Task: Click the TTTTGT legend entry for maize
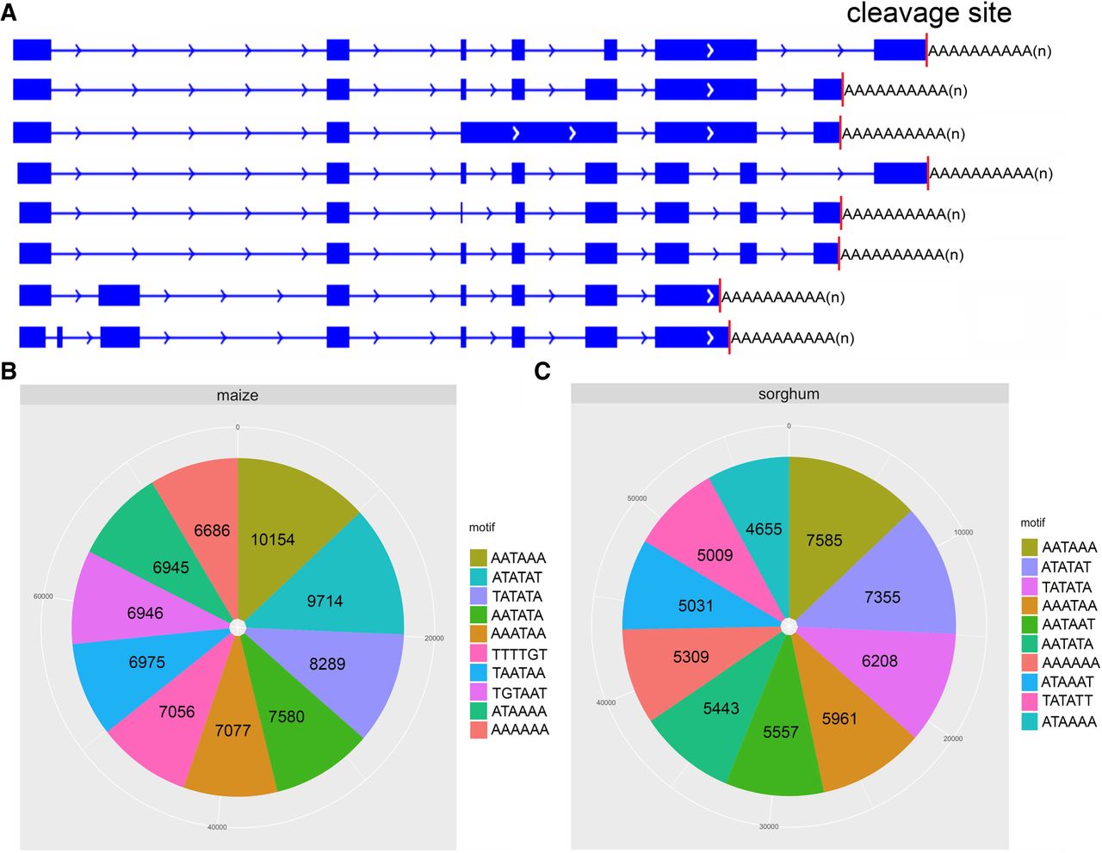point(519,654)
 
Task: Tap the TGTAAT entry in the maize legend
point(519,693)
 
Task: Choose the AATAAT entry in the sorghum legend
point(1068,625)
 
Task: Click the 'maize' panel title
point(238,396)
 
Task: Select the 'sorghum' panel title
point(789,394)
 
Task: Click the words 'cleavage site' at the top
point(928,14)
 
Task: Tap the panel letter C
point(542,371)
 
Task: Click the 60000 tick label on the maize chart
point(43,596)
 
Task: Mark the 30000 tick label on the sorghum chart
point(769,826)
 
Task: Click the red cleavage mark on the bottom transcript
point(729,337)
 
